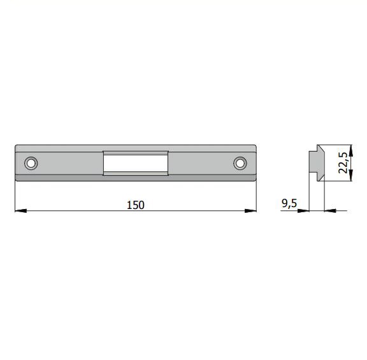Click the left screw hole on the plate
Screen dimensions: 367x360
31,163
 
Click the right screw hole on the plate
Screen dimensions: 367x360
240,163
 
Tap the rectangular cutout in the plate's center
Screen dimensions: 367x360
136,163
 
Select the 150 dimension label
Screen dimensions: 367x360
136,205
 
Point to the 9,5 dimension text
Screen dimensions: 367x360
289,203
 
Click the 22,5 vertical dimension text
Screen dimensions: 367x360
343,162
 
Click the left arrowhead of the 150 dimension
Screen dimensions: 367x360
20,211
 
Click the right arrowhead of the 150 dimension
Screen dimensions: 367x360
250,211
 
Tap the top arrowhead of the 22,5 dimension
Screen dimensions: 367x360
350,150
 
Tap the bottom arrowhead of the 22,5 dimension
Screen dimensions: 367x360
350,175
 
